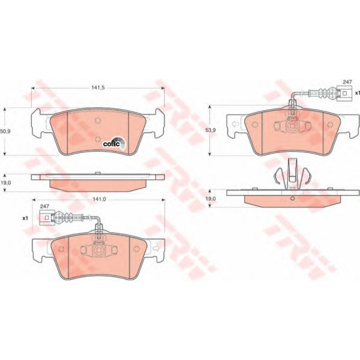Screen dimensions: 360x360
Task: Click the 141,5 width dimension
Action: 98,88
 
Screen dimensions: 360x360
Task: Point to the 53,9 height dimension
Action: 211,130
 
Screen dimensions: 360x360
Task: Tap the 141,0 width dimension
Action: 99,199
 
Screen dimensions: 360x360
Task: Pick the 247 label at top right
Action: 347,81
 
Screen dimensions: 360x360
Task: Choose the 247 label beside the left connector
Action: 44,207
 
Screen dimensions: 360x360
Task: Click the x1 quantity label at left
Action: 25,218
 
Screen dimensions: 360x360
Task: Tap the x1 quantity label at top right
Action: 357,93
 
